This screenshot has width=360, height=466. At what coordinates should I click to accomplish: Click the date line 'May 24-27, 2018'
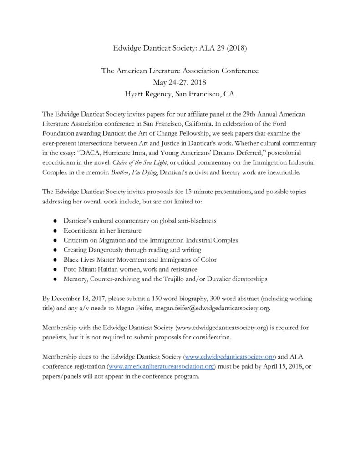(180, 82)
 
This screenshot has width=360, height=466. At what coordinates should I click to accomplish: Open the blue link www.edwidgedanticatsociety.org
(229, 356)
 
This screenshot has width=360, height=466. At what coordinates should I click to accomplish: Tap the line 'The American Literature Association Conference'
(180, 71)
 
